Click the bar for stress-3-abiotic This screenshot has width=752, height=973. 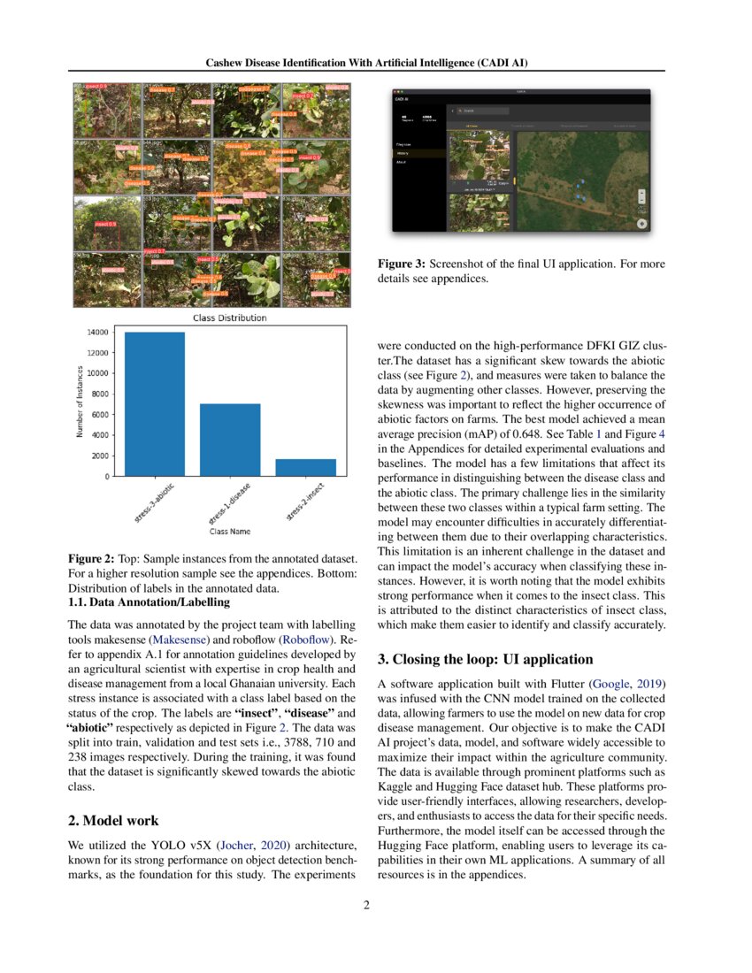point(155,404)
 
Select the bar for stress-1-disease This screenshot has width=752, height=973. point(230,440)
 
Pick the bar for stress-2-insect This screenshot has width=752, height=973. point(305,467)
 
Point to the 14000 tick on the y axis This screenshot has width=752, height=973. point(98,332)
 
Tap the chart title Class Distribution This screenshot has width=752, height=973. point(229,318)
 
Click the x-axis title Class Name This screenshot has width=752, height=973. point(230,532)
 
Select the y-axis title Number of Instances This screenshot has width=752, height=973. point(81,403)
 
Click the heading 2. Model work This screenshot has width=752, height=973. point(113,820)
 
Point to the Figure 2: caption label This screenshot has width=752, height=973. point(91,559)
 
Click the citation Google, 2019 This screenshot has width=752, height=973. point(630,684)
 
